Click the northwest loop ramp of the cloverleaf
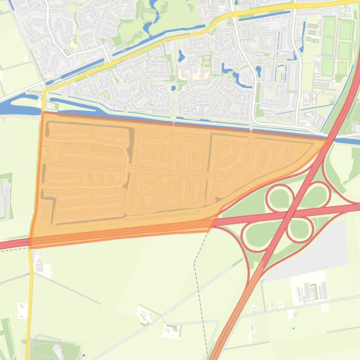point(280,199)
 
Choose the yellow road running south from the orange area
point(30,304)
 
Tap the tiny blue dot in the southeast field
point(294,328)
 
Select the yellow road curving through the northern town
point(187,33)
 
